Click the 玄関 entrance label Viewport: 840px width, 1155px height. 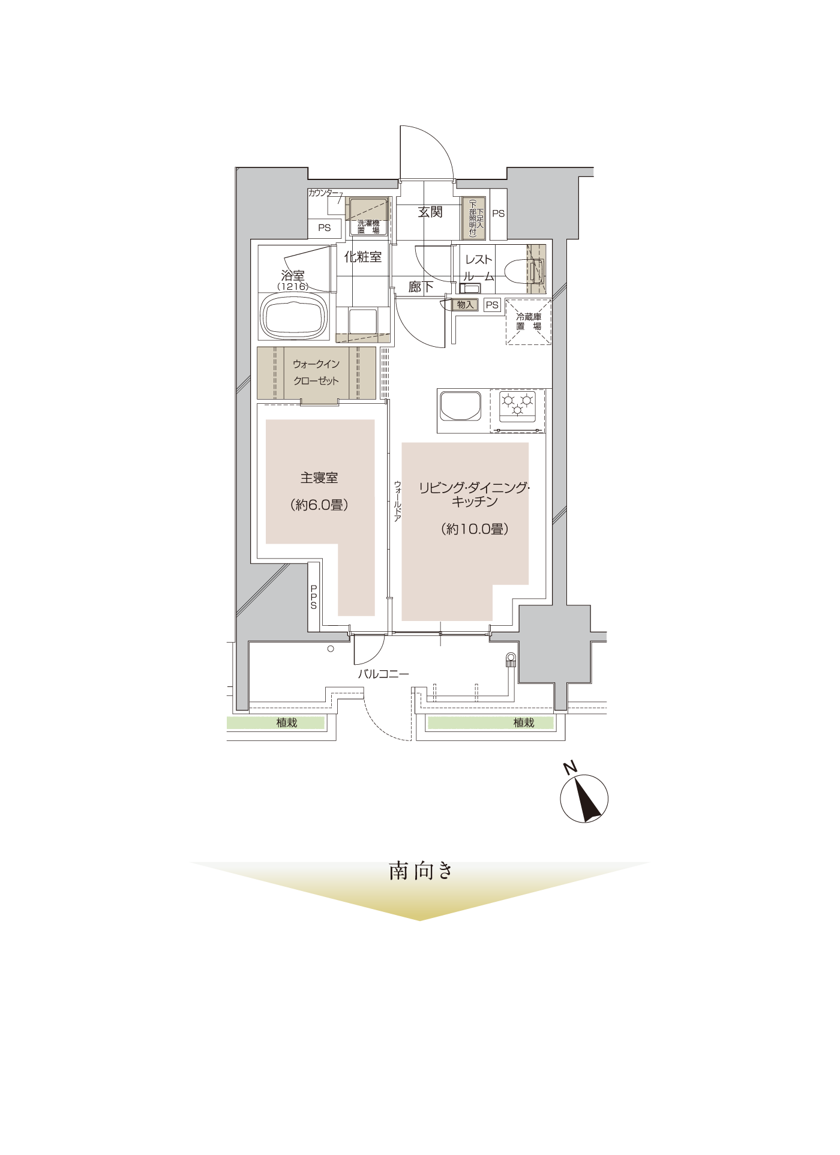(x=430, y=212)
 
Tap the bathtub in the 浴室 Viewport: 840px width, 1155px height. (x=295, y=316)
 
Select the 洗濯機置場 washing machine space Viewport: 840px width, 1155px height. (x=368, y=217)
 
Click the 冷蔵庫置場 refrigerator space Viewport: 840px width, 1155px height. (x=529, y=322)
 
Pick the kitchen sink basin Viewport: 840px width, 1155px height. (x=460, y=406)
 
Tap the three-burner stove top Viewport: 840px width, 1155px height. (x=517, y=406)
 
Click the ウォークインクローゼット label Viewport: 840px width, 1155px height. (x=316, y=373)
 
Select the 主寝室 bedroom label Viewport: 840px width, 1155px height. (x=319, y=478)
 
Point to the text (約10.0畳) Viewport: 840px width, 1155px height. (x=475, y=529)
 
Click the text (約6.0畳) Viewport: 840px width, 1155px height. (x=319, y=505)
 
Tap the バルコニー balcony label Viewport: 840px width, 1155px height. (x=383, y=674)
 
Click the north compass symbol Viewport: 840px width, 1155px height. (x=584, y=796)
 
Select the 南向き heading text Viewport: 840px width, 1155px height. (x=420, y=871)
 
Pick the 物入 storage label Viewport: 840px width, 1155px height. (x=466, y=305)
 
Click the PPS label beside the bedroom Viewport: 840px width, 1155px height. (x=313, y=597)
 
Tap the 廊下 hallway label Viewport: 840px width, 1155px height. (x=421, y=287)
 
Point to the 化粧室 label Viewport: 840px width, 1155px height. (x=362, y=257)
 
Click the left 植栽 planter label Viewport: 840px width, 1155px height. (x=287, y=723)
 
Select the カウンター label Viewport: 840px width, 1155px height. (x=323, y=193)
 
